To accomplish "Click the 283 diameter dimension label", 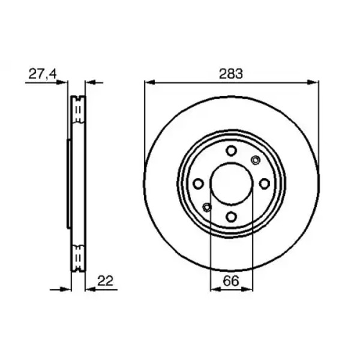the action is pyautogui.click(x=231, y=74).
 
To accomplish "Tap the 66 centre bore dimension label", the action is pyautogui.click(x=231, y=281).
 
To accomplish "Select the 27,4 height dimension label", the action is pyautogui.click(x=43, y=74).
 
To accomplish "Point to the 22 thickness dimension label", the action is pyautogui.click(x=106, y=281).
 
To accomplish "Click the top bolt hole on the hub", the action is pyautogui.click(x=231, y=151).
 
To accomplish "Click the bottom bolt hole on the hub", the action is pyautogui.click(x=231, y=217).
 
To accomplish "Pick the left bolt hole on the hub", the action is pyautogui.click(x=199, y=184).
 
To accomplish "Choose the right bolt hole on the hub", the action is pyautogui.click(x=264, y=184).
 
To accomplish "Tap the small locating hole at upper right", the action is pyautogui.click(x=255, y=160).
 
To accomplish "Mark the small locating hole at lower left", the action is pyautogui.click(x=207, y=208).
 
